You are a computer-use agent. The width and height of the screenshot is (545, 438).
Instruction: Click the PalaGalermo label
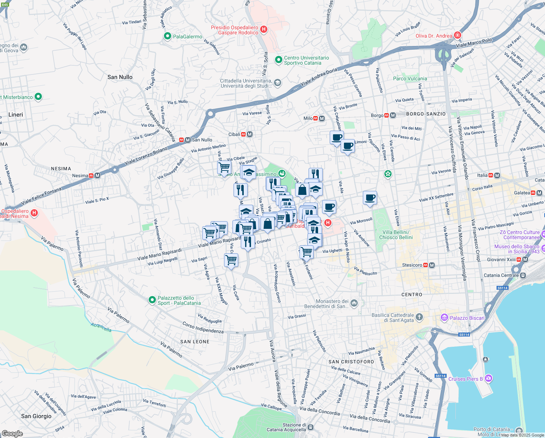coord(187,36)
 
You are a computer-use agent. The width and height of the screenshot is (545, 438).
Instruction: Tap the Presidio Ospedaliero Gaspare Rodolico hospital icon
coord(264,30)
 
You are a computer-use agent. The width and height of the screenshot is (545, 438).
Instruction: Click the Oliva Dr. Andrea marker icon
coord(458,36)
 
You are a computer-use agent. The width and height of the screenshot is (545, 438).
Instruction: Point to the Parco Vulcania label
coord(410,78)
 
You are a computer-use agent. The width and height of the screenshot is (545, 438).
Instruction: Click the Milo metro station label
coord(308,118)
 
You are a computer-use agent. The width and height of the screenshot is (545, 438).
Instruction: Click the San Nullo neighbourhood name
coord(120,77)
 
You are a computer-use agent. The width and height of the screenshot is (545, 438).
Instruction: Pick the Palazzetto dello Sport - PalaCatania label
coord(179,300)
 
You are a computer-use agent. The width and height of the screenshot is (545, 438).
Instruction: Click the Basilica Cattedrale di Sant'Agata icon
coord(419,317)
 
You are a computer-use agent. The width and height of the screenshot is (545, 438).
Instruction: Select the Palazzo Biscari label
coord(467,318)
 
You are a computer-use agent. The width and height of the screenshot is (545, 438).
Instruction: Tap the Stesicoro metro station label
coord(412,265)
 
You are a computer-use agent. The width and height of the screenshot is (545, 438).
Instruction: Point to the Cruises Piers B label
coord(465,379)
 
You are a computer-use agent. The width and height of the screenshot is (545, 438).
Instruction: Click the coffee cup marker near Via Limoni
coord(348,146)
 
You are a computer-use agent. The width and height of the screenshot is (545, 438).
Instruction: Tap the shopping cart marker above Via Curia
coord(231,260)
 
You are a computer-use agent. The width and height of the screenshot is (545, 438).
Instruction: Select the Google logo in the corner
coord(12,434)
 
